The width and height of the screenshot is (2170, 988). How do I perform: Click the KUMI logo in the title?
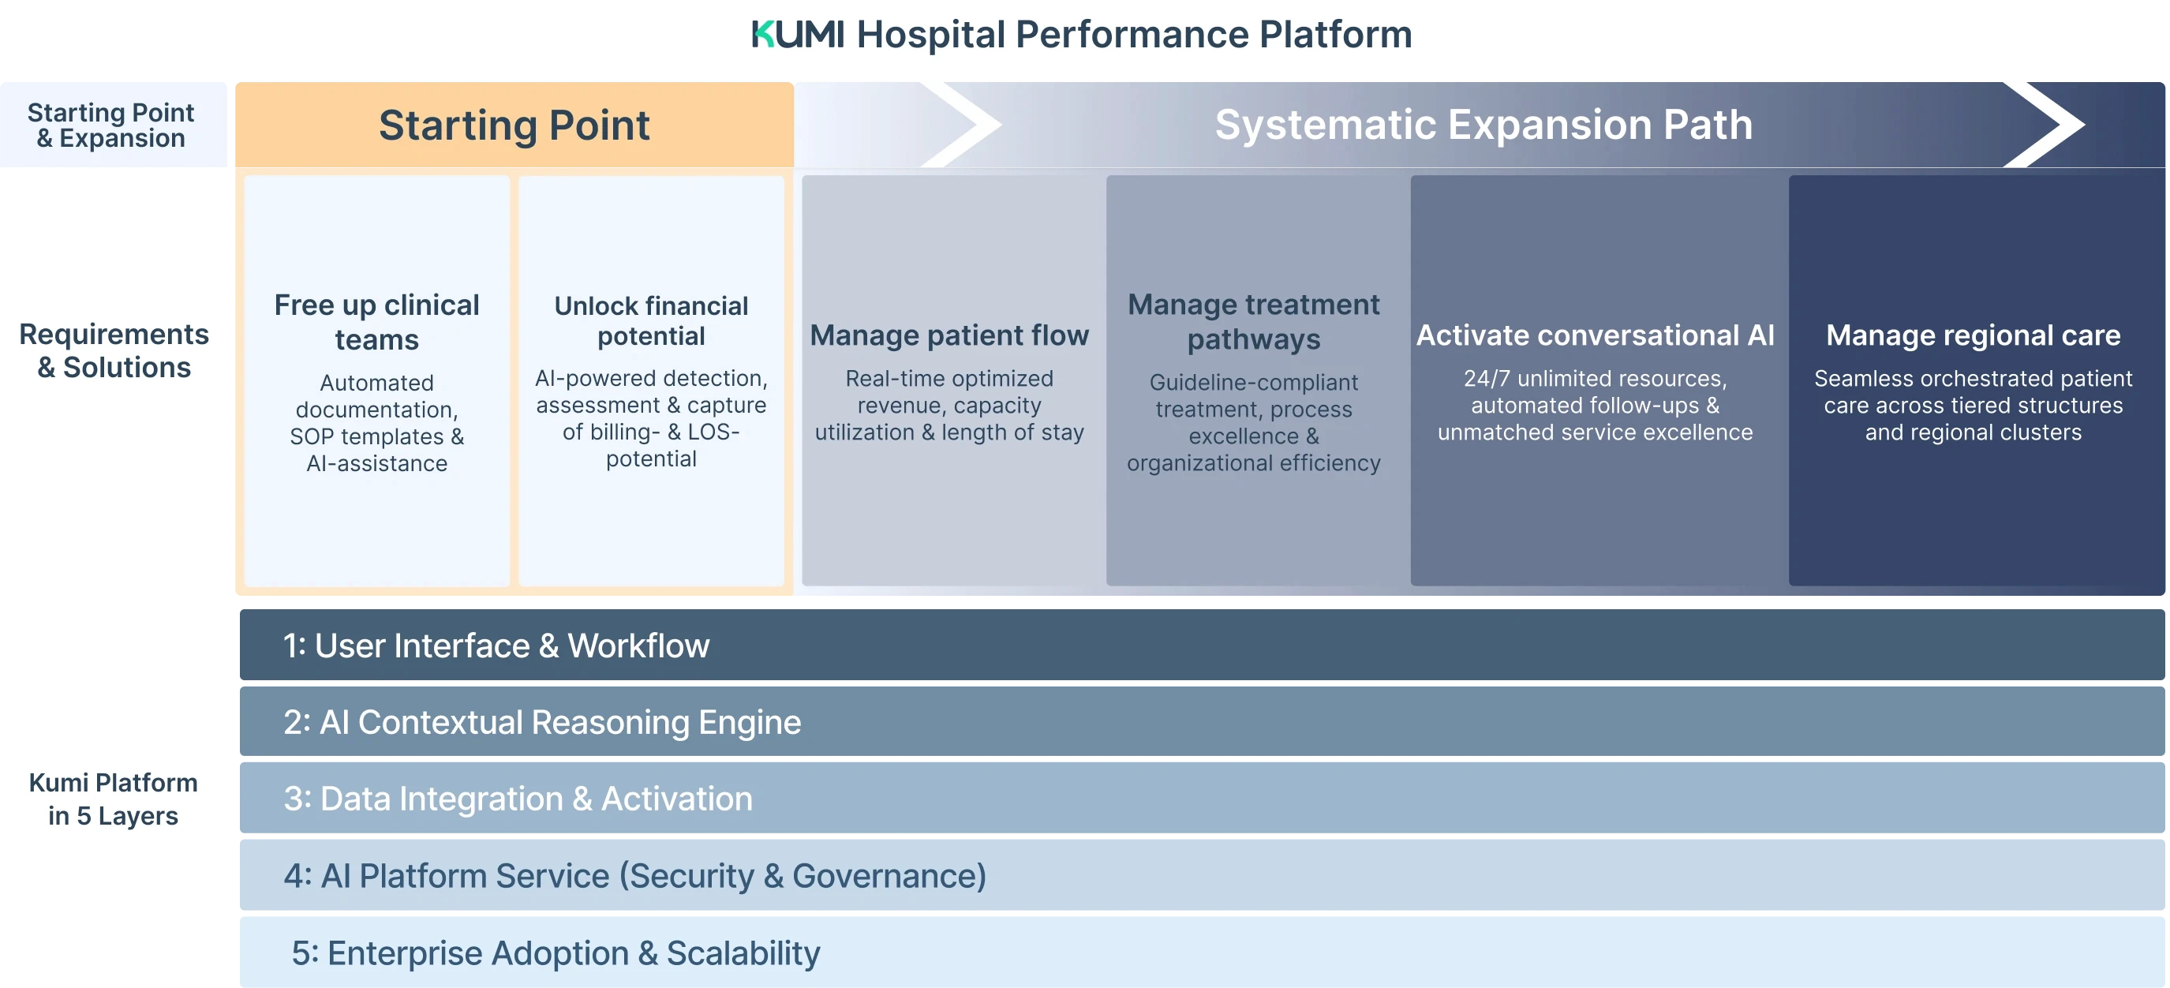pos(797,35)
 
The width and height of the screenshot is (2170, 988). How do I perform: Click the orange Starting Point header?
pos(514,125)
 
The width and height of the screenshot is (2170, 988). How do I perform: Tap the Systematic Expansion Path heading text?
pos(1483,125)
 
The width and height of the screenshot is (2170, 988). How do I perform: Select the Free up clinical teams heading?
pos(376,322)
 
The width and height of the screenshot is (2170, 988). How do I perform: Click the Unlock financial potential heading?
pos(651,321)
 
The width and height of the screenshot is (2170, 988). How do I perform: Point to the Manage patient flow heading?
pos(949,335)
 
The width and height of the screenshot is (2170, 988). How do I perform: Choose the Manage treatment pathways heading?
pos(1254,322)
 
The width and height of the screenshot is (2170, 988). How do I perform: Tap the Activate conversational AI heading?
pos(1595,335)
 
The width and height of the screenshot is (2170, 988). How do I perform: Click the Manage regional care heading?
pos(1973,335)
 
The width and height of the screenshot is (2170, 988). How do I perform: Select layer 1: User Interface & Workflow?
pos(1202,646)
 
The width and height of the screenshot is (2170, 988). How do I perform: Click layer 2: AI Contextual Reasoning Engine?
pos(1202,722)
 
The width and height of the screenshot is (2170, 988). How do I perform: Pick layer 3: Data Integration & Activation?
pos(1202,799)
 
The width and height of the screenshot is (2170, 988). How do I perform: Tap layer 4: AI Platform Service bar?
pos(1202,875)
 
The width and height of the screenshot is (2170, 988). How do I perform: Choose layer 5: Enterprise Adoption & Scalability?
pos(1202,952)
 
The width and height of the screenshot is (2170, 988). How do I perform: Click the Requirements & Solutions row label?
pos(114,350)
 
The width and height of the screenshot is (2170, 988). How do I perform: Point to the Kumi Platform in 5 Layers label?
pos(113,799)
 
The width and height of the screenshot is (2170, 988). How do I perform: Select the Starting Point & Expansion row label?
pos(111,125)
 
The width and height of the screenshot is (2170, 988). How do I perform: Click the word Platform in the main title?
pos(1335,35)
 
